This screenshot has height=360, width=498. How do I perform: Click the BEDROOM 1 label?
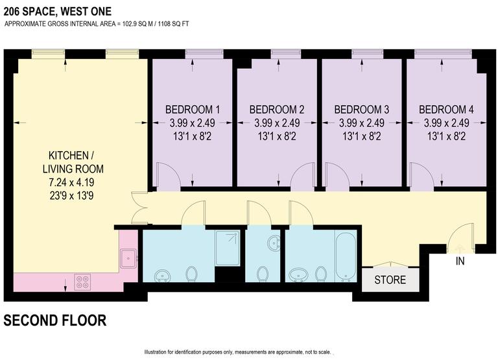click(192, 109)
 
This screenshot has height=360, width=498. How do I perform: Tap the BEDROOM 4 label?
click(445, 109)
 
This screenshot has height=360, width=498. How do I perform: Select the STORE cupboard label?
click(390, 280)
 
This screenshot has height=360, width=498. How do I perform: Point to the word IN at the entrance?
click(460, 262)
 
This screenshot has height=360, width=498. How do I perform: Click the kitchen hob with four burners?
click(82, 282)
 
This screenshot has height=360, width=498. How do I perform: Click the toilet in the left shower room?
click(191, 276)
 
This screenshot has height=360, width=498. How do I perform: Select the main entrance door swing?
click(462, 237)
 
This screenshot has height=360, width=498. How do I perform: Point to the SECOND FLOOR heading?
click(55, 320)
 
